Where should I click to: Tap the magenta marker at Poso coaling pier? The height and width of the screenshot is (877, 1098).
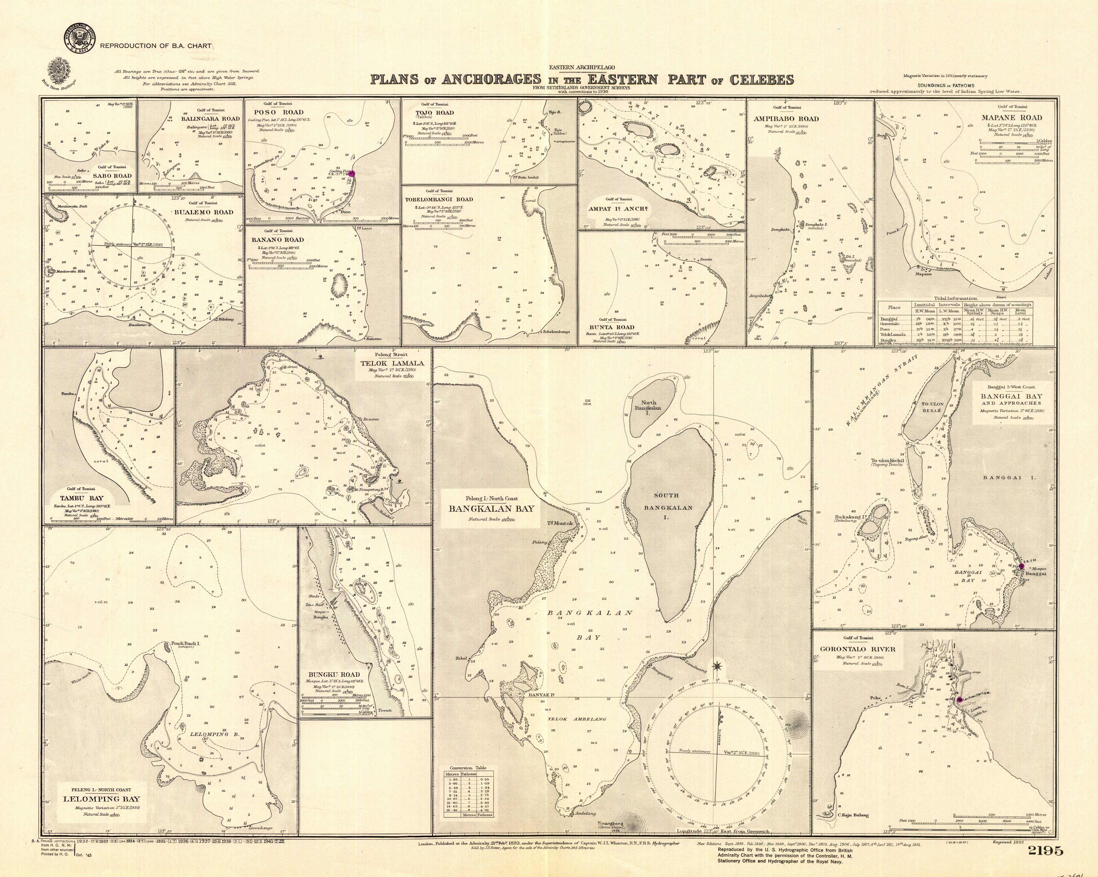pos(351,173)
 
